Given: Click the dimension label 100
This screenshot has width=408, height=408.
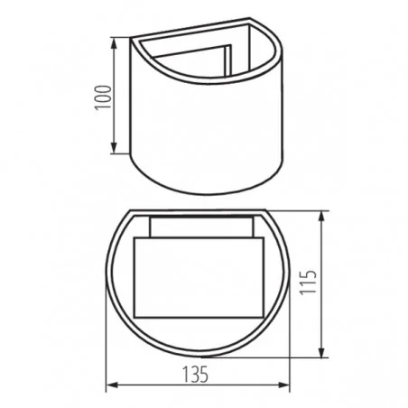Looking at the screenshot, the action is click(103, 97).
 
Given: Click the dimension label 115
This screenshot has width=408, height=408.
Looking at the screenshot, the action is click(309, 283).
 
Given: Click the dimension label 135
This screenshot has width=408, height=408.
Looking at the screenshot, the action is click(196, 375).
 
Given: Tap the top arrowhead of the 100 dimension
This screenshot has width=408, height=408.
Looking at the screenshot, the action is click(114, 44).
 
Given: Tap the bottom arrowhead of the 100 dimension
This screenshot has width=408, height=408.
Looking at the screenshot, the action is click(114, 147).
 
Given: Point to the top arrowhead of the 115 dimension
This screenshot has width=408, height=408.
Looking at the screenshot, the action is click(321, 218).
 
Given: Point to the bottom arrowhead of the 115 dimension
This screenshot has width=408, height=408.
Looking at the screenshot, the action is click(321, 352).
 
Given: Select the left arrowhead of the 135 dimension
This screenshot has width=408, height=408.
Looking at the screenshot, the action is click(113, 385).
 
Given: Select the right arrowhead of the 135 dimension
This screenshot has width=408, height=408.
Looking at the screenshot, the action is click(283, 385).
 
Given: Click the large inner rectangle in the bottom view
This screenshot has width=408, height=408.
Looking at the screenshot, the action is click(199, 277).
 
